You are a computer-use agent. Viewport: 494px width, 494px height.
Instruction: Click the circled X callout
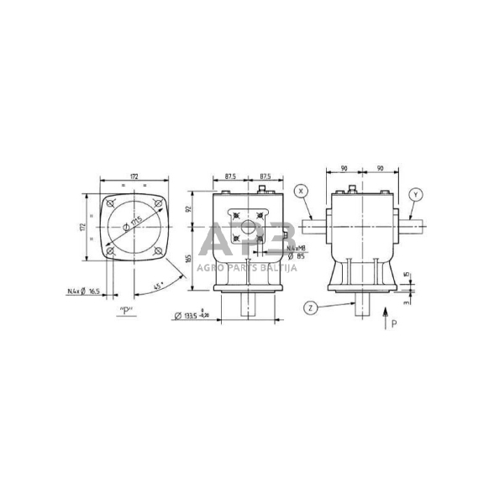pyautogui.click(x=302, y=192)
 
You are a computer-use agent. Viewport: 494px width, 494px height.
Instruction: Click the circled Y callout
pyautogui.click(x=416, y=195)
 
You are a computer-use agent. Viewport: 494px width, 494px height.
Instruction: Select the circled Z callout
pyautogui.click(x=311, y=308)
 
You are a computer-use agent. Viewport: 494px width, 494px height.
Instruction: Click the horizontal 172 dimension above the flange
pyautogui.click(x=134, y=176)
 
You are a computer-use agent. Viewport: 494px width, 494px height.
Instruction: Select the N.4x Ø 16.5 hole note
pyautogui.click(x=84, y=292)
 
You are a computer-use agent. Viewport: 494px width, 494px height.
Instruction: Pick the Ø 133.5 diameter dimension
pyautogui.click(x=195, y=316)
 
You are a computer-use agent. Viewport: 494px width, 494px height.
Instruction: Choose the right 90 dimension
pyautogui.click(x=381, y=169)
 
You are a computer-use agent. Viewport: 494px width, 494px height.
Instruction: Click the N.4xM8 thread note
pyautogui.click(x=295, y=249)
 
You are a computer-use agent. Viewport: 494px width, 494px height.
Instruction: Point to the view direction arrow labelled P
pyautogui.click(x=386, y=318)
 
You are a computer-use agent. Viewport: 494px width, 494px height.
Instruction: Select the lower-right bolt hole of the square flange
pyautogui.click(x=158, y=251)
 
